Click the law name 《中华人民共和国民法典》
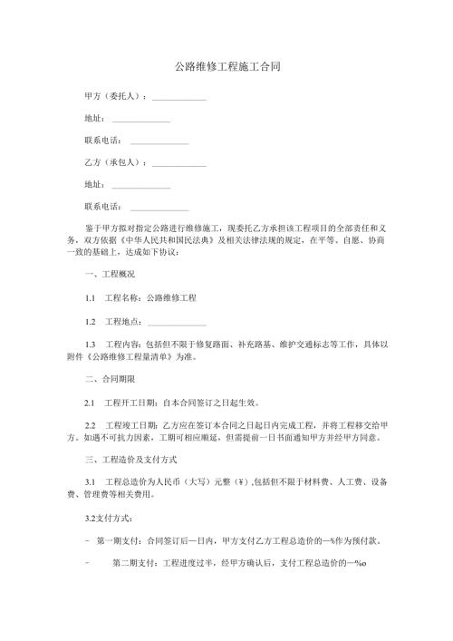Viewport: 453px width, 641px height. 166,242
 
